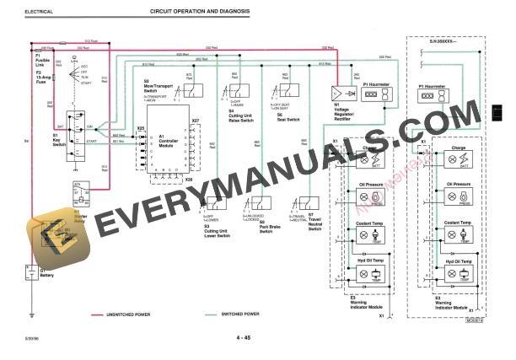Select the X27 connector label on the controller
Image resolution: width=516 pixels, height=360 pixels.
pos(195,121)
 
